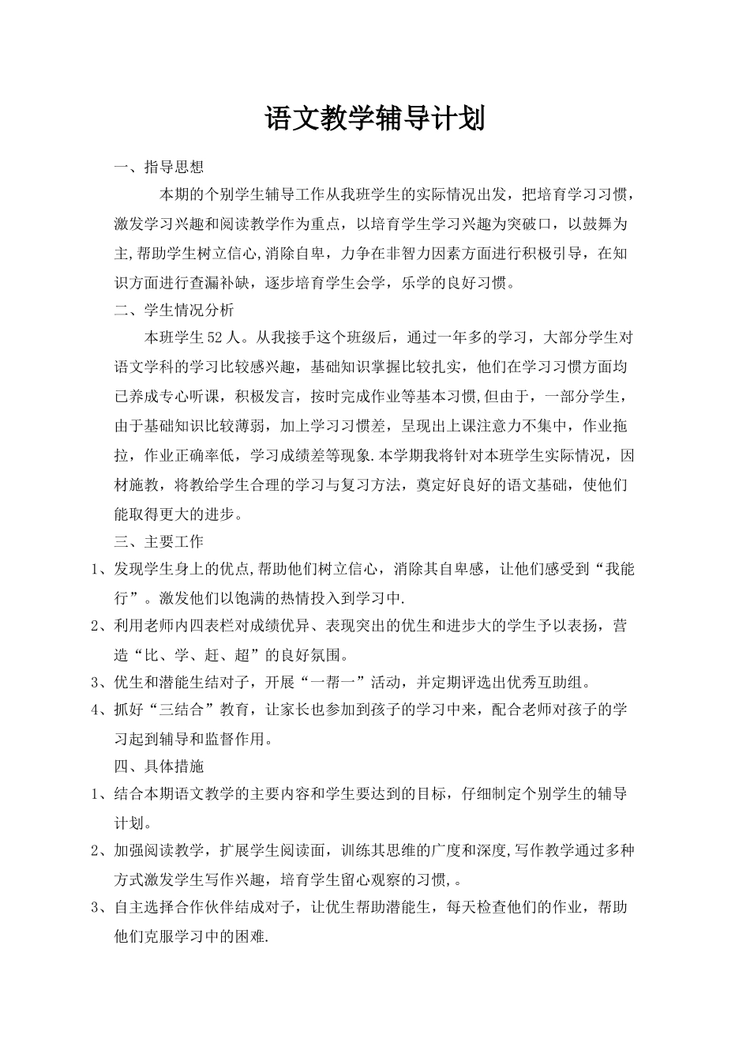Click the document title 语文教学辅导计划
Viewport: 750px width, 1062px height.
pos(374,119)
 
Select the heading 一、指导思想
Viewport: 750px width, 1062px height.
pos(159,167)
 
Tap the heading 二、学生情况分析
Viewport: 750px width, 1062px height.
pos(174,311)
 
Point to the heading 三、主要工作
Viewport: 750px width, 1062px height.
pos(159,541)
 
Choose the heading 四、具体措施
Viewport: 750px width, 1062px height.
pos(159,766)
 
